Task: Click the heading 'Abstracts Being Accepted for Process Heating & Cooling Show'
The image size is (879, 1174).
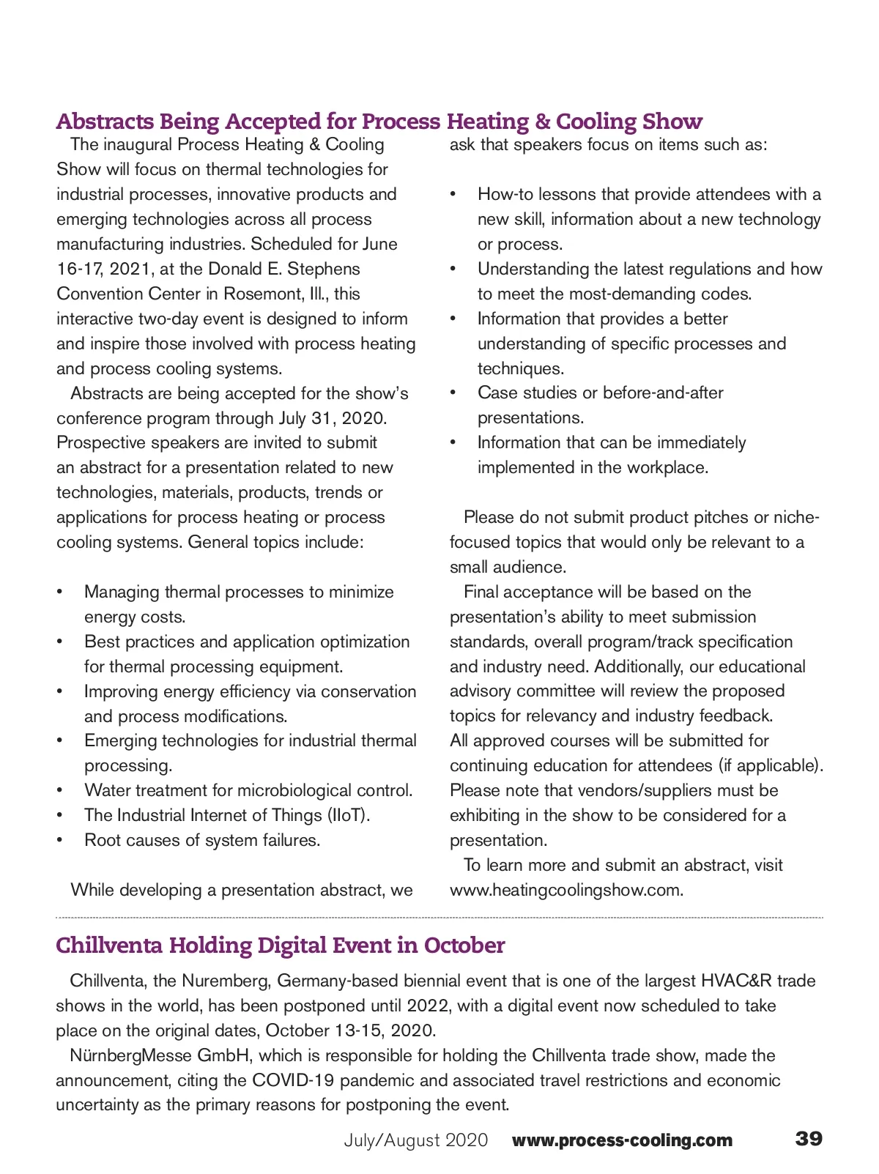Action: [379, 121]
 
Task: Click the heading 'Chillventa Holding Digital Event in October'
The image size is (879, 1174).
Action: [280, 945]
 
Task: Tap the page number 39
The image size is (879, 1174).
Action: [809, 1139]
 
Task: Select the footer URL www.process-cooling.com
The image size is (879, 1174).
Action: [622, 1140]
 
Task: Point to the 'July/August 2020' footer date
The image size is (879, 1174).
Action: [415, 1140]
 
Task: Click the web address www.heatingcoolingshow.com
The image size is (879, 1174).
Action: [566, 890]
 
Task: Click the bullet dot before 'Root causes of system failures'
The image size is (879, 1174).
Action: [61, 840]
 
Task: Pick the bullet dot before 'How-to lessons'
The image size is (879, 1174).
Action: [453, 194]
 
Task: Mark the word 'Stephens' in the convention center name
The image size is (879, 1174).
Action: [324, 269]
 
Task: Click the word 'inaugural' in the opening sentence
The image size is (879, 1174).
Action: [138, 144]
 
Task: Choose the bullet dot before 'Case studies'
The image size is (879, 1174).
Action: [453, 393]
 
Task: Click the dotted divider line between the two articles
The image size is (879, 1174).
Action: [439, 917]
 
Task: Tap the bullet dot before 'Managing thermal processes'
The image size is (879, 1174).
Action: [61, 592]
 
